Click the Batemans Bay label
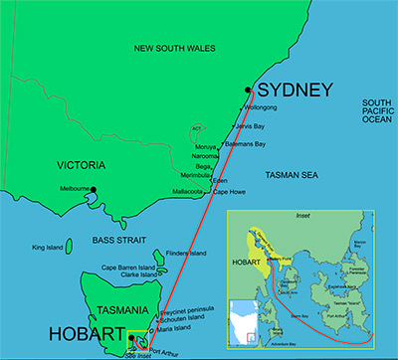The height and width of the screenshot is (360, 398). pyautogui.click(x=246, y=144)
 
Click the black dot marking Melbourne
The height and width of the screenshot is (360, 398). pyautogui.click(x=95, y=189)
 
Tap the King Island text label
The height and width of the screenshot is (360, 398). pyautogui.click(x=47, y=248)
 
